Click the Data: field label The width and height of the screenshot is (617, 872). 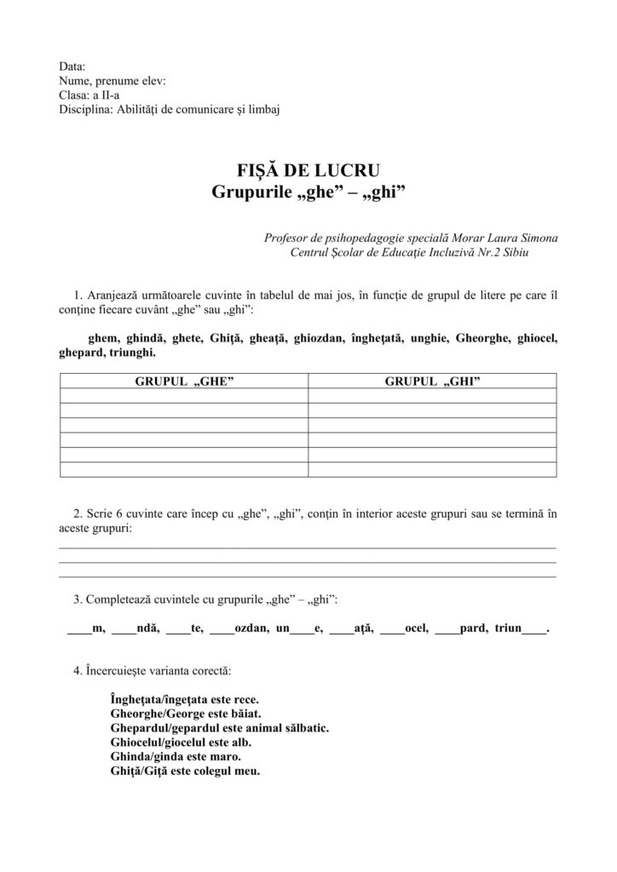[x=72, y=67]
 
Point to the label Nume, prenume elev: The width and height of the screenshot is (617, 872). [x=112, y=81]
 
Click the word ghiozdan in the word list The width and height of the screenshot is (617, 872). [x=320, y=338]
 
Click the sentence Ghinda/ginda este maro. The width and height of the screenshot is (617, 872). [x=176, y=756]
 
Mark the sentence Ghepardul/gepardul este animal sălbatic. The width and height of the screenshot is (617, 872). [x=220, y=728]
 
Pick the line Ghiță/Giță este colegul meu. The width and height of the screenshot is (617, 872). [x=185, y=771]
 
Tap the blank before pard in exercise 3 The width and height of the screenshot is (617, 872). [x=447, y=631]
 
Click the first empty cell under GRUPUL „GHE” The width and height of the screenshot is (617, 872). [x=184, y=395]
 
